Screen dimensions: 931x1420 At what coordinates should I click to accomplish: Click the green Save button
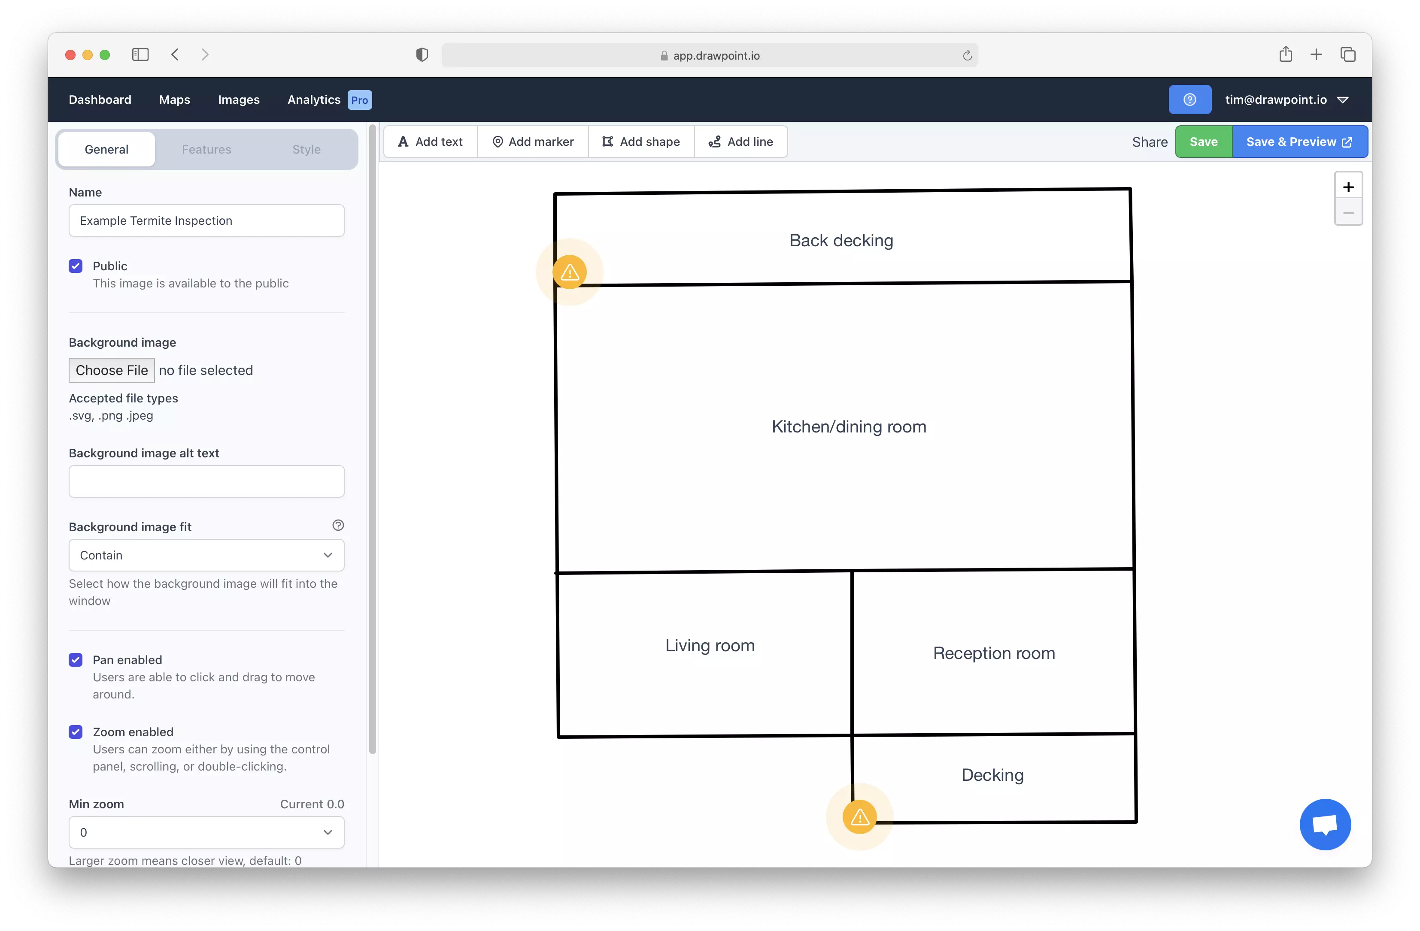coord(1203,142)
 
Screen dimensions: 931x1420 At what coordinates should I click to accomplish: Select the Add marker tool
coord(533,142)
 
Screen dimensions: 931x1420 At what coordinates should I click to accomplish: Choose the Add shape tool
coord(641,142)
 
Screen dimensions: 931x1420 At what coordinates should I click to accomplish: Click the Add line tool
coord(740,142)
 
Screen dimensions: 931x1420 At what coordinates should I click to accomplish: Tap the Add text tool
coord(430,142)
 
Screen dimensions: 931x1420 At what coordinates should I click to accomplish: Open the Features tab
coord(206,150)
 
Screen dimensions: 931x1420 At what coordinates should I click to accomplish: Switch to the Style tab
coord(306,150)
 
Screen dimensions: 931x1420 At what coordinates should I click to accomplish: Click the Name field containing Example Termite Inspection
coord(206,221)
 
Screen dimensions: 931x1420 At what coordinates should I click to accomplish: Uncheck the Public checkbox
coord(76,266)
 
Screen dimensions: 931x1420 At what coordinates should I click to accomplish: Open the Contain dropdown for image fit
coord(206,555)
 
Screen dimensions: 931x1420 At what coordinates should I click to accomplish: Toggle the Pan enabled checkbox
coord(76,659)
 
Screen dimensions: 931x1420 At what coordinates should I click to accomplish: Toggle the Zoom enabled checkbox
coord(76,732)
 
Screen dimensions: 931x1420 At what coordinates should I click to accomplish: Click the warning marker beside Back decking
coord(570,272)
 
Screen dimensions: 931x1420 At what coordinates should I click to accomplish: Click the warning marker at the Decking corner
coord(859,817)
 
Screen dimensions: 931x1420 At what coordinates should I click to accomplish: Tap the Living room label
coord(710,645)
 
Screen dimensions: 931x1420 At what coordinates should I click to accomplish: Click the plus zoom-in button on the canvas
coord(1348,187)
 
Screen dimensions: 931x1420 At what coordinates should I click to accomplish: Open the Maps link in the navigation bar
coord(174,100)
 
